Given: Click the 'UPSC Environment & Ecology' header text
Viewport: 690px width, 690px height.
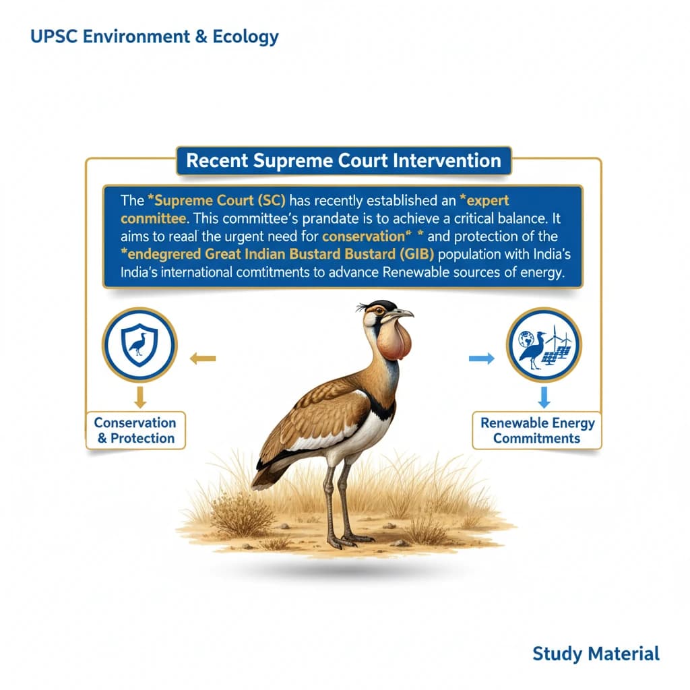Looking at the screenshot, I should [x=154, y=36].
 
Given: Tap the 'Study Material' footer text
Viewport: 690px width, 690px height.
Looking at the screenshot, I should [x=596, y=653].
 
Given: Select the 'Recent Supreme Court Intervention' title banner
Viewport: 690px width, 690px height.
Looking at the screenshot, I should [x=343, y=161].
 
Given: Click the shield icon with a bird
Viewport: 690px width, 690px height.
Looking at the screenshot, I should [x=139, y=345].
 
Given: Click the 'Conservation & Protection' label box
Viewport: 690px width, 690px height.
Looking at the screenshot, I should [x=135, y=431].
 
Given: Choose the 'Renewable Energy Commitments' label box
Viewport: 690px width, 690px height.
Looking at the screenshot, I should [x=537, y=431].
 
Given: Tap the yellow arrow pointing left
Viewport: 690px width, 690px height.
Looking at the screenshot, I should [x=202, y=358].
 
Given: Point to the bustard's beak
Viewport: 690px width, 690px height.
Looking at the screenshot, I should [x=401, y=314].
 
